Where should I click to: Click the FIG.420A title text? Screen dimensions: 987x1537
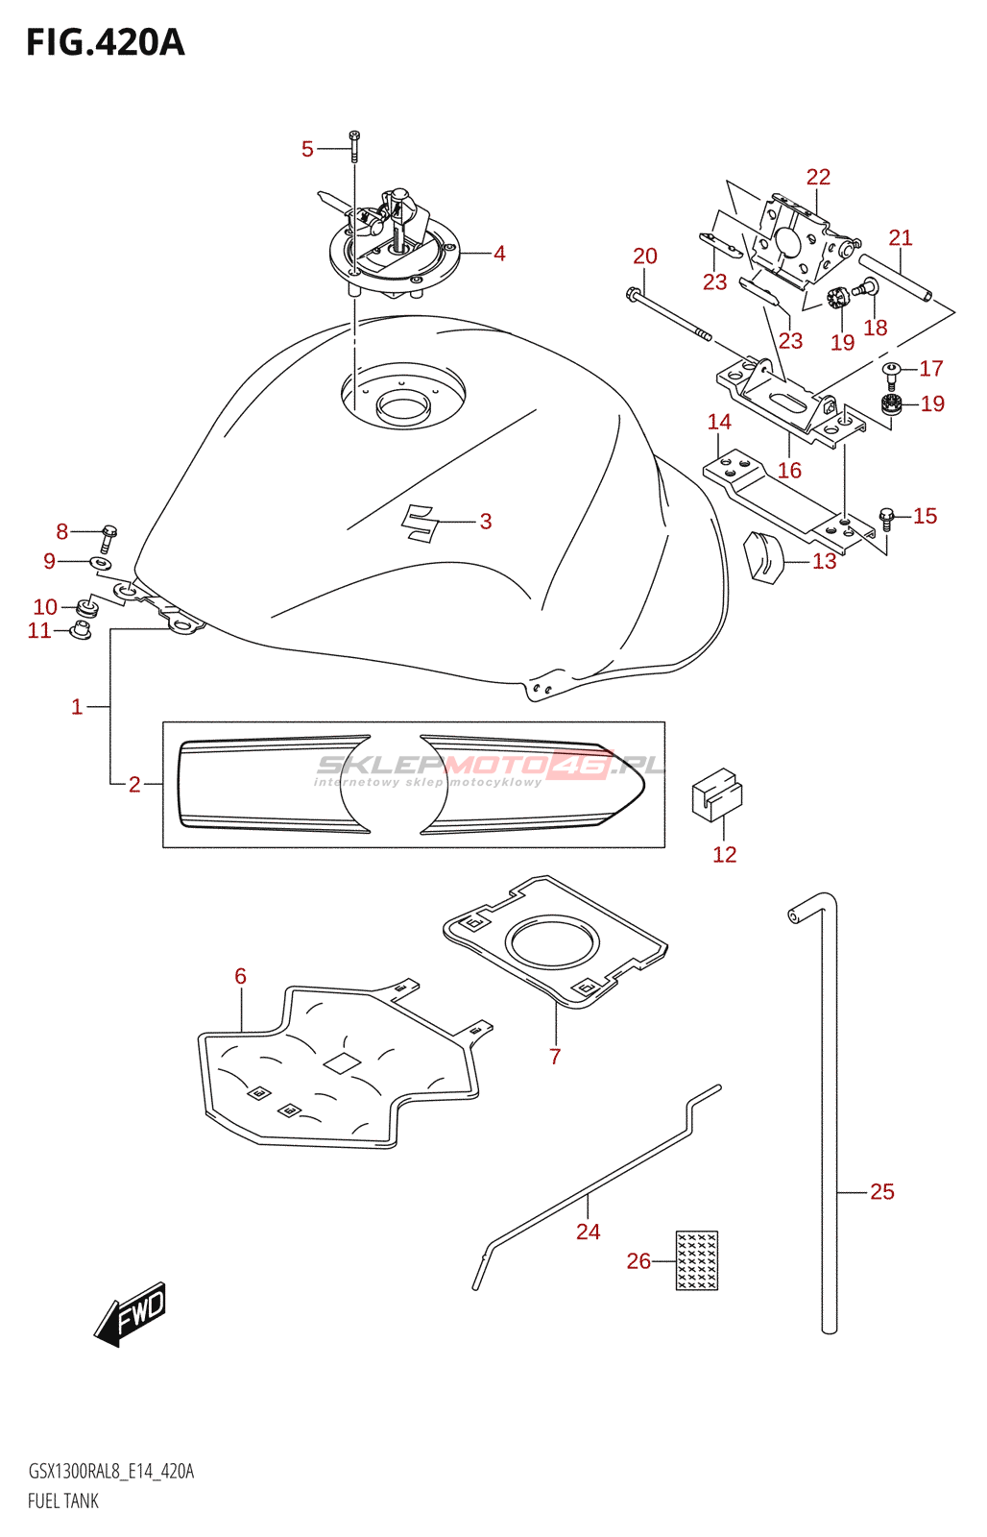coord(106,42)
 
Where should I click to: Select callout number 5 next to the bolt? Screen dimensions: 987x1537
coord(307,149)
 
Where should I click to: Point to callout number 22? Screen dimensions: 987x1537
coord(818,177)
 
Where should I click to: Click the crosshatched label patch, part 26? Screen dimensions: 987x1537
coord(697,1260)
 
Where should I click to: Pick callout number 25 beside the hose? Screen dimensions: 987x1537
coord(882,1191)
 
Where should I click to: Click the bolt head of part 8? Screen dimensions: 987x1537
coord(109,530)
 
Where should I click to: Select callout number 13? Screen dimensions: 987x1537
coord(825,561)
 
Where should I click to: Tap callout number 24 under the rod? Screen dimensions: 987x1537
coord(588,1232)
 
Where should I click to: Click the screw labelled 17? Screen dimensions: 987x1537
coord(892,375)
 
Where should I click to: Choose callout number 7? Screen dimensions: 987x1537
coord(555,1056)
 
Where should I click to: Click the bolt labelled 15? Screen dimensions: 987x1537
coord(887,519)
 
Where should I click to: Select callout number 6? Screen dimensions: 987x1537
coord(240,976)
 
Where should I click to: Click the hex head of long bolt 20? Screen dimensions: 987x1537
coord(631,294)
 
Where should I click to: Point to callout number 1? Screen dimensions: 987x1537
coord(77,707)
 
